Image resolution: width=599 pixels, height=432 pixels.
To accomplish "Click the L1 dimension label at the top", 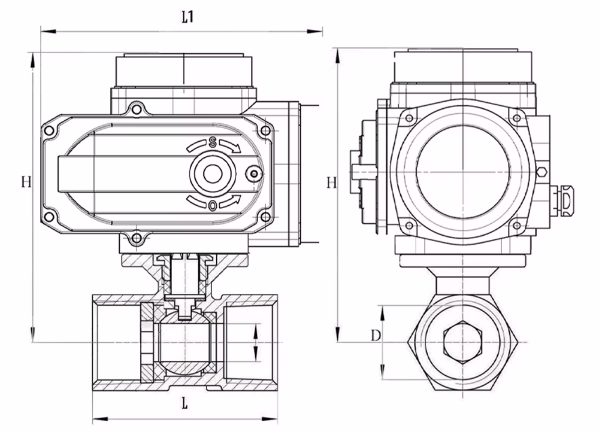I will (x=187, y=18).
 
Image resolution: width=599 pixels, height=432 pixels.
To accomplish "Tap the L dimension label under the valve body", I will (x=184, y=403).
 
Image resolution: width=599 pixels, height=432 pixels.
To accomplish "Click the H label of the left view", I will (x=25, y=181).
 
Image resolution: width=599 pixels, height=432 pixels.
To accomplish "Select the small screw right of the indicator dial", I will (x=254, y=174).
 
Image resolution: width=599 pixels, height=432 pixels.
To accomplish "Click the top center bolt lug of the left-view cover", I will (x=137, y=109).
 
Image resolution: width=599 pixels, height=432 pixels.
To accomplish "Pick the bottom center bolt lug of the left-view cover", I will (x=137, y=239).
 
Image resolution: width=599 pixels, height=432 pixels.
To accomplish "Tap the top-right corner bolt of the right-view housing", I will (x=515, y=117).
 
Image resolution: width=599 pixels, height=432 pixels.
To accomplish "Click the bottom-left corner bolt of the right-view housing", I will (x=409, y=226).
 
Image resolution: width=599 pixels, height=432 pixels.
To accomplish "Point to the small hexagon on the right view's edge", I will (x=541, y=172).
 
